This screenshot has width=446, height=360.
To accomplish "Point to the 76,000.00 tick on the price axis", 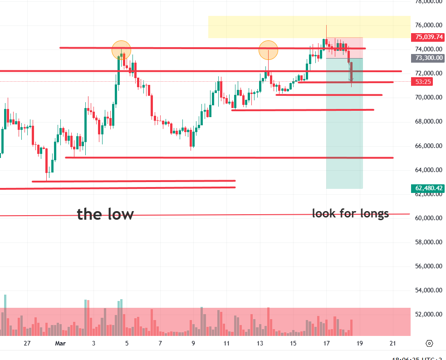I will (428, 25).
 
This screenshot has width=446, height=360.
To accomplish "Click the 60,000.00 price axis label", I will (428, 218).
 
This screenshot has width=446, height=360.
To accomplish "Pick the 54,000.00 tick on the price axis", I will (428, 290).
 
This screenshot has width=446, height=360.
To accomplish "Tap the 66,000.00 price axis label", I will (428, 146).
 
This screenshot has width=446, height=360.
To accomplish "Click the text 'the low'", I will (105, 214).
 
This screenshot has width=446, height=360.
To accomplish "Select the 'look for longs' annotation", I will (350, 213).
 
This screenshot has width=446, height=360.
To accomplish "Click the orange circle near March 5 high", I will (121, 49).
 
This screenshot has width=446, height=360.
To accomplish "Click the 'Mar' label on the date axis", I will (60, 343).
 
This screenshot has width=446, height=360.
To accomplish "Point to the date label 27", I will (27, 343).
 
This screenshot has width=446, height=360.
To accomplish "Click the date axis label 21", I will (393, 343).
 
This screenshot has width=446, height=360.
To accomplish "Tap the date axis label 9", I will (193, 343).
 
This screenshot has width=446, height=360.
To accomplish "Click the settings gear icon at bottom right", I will (430, 343).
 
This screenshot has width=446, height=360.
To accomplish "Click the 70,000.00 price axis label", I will (428, 97).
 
